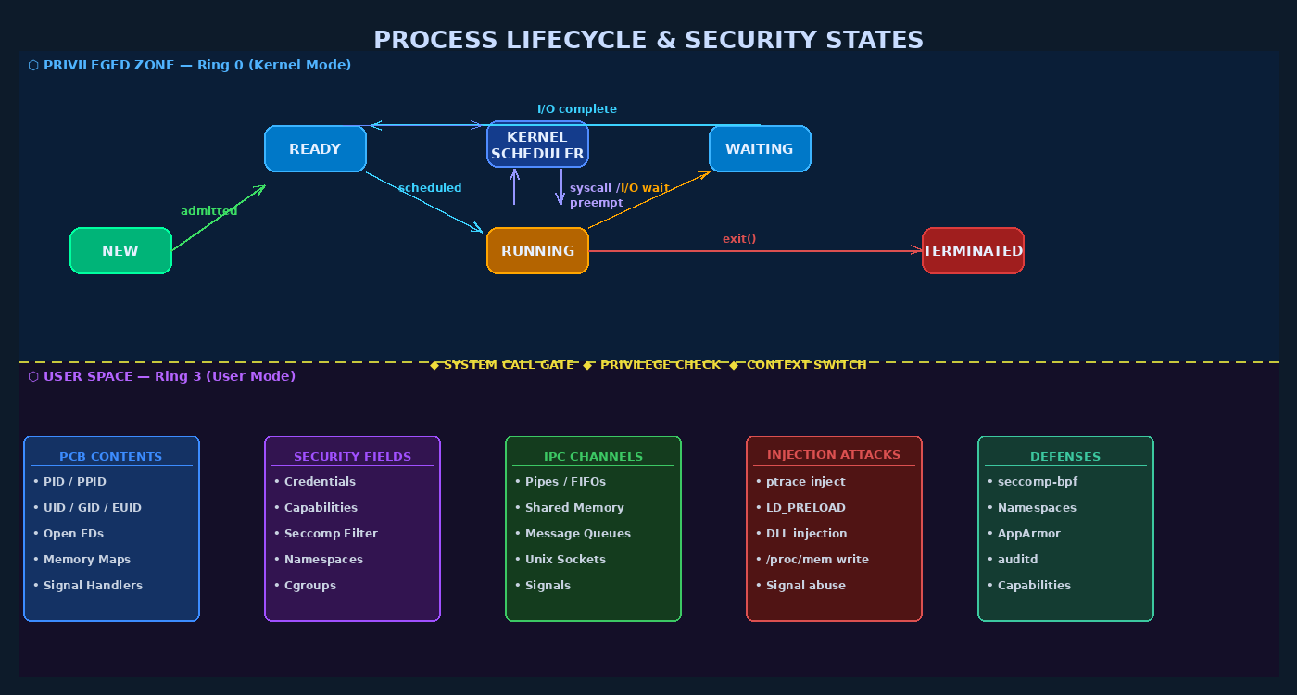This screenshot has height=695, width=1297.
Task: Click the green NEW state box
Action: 120,250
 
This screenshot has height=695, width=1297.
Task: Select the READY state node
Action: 315,148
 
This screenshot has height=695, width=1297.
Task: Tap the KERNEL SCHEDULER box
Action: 537,145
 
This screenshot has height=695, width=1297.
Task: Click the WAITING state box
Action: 760,148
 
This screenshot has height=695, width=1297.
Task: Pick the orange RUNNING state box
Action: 537,250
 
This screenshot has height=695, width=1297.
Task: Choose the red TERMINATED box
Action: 973,250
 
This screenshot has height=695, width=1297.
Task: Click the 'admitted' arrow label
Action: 208,210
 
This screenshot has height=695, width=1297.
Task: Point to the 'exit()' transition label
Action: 739,238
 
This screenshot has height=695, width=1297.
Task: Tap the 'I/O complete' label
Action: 576,108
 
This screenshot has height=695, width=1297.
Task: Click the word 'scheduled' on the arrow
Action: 430,187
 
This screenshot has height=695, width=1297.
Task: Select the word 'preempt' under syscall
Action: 596,202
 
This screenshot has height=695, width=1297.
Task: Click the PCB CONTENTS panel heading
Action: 111,456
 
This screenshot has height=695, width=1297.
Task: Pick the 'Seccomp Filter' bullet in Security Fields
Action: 331,533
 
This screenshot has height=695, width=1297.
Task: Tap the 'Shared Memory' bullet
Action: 574,507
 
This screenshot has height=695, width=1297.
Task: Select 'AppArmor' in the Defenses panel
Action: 1028,533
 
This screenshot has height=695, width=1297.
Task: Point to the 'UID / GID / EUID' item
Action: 93,507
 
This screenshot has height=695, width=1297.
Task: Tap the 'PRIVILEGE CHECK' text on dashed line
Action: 660,364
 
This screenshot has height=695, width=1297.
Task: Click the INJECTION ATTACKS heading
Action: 834,454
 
